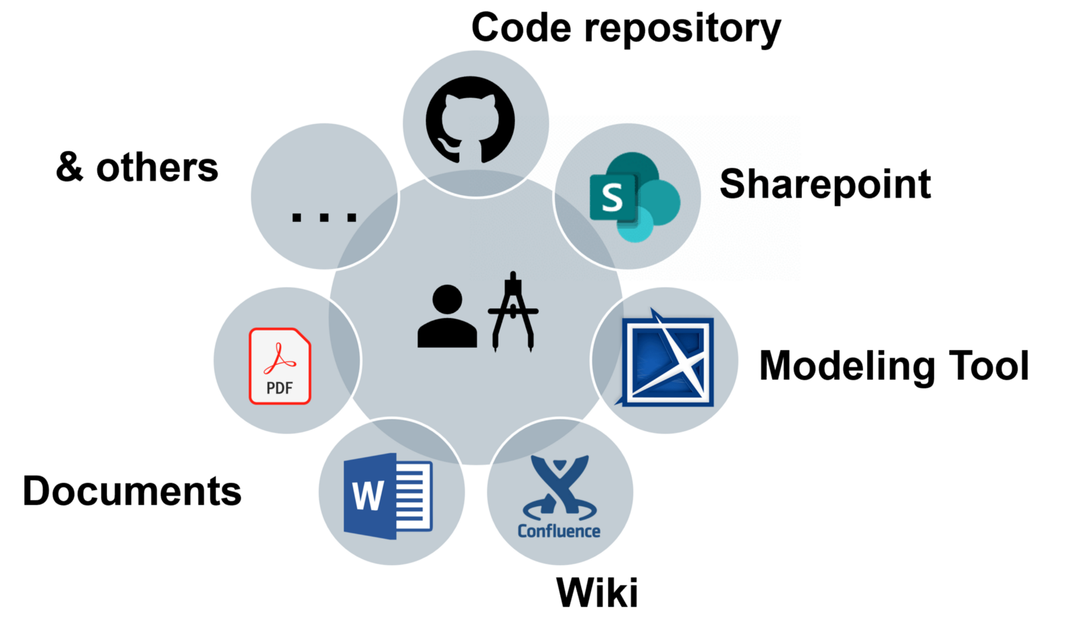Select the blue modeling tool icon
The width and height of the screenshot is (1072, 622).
pos(667,360)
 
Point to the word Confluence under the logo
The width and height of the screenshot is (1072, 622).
pos(559,532)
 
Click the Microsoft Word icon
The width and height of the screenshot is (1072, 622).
pos(388,496)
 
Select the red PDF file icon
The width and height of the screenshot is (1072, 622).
pos(280,366)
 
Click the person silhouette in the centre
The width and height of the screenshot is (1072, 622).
pos(447,316)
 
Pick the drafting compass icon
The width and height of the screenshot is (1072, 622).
pos(513,311)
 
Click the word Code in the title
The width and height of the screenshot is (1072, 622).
pos(521,28)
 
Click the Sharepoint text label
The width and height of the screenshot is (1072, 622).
pos(825,184)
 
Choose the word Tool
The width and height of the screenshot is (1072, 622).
pos(989,366)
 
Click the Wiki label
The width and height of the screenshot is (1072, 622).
pos(597,593)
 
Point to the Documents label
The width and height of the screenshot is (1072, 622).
pos(132,491)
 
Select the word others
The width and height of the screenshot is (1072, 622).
pos(157,168)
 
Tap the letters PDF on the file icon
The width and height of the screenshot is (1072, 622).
pos(279,388)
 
